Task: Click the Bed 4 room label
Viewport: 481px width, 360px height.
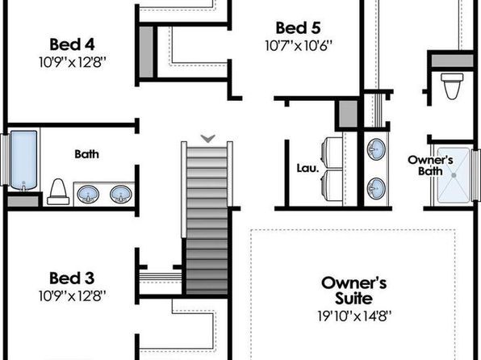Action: (72, 44)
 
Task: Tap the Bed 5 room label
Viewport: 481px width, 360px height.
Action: (298, 28)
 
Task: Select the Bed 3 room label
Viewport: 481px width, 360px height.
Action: (72, 278)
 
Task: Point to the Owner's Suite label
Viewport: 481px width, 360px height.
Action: (353, 291)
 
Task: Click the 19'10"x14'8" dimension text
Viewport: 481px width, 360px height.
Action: (354, 316)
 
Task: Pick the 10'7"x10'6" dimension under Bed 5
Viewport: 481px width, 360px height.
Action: (299, 46)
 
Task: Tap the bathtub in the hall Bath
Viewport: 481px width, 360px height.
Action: (23, 160)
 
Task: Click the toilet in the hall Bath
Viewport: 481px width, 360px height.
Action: (58, 192)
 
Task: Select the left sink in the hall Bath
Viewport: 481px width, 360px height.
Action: (88, 195)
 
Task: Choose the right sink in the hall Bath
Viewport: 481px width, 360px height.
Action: (121, 195)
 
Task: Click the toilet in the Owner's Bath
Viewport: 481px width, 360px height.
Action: (452, 86)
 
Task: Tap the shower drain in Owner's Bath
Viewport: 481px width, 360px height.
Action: (454, 175)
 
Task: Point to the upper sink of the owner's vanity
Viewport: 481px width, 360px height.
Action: (376, 149)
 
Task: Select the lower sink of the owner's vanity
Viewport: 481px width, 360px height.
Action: (376, 188)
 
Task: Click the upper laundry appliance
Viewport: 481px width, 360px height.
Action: (332, 153)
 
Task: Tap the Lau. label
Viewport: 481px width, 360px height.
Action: (308, 168)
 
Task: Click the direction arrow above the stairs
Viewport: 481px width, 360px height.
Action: (208, 139)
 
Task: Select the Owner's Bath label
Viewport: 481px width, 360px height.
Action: (430, 165)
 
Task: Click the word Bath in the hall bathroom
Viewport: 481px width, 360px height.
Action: (87, 154)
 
